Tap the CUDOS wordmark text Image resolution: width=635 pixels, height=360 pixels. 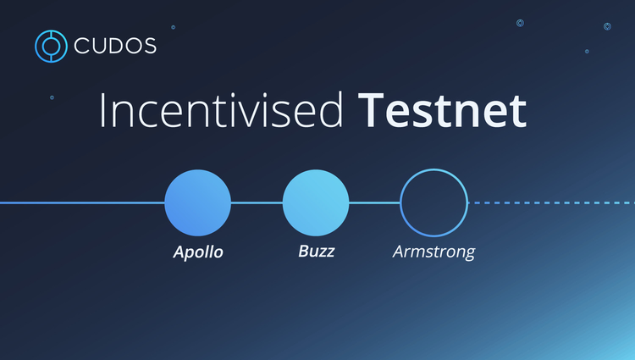click(x=114, y=47)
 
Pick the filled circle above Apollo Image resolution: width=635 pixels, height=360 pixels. click(x=197, y=203)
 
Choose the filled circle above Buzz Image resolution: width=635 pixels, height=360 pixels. click(x=316, y=203)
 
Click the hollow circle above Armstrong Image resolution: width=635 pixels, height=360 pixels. click(x=433, y=203)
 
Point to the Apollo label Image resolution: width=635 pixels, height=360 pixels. click(x=198, y=252)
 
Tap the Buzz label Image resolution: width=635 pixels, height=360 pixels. click(x=316, y=252)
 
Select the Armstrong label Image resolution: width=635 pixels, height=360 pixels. click(x=433, y=252)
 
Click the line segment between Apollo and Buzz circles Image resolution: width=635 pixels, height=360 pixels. click(x=257, y=203)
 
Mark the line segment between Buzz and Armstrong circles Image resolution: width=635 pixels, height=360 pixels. click(x=374, y=203)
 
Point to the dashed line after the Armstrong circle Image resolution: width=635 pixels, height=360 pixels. click(x=550, y=203)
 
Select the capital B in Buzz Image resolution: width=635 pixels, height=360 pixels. click(x=303, y=252)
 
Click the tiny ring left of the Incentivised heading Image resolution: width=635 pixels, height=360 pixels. click(x=52, y=97)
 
